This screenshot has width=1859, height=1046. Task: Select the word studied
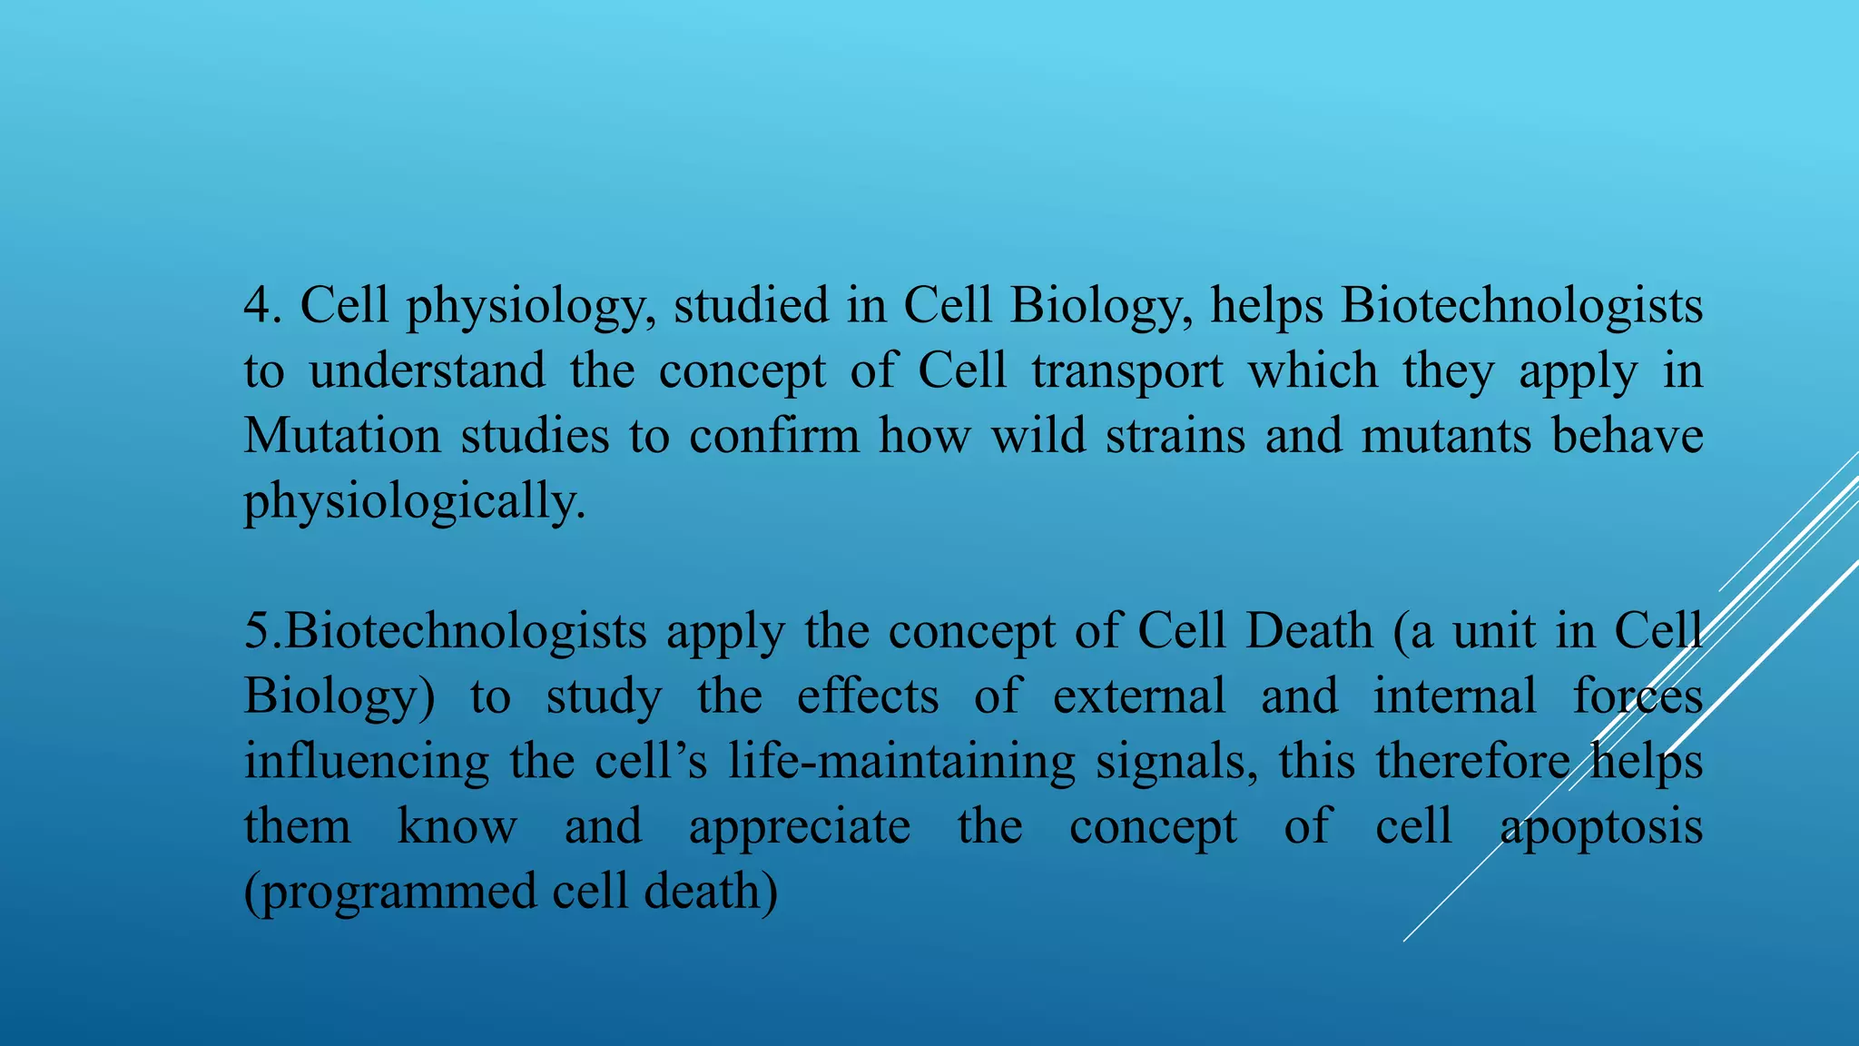(x=751, y=305)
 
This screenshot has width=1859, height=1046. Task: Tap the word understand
(x=427, y=370)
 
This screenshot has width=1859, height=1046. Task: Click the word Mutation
(x=342, y=436)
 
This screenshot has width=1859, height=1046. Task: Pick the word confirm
(x=773, y=436)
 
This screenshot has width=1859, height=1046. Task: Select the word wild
(x=1038, y=436)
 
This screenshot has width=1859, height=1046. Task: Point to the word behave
(x=1627, y=436)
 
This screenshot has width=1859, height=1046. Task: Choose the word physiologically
(x=414, y=502)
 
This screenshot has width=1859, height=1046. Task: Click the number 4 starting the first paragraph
(x=258, y=306)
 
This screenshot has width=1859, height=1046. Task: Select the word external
(x=1139, y=696)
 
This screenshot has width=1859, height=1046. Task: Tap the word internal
(x=1454, y=696)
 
